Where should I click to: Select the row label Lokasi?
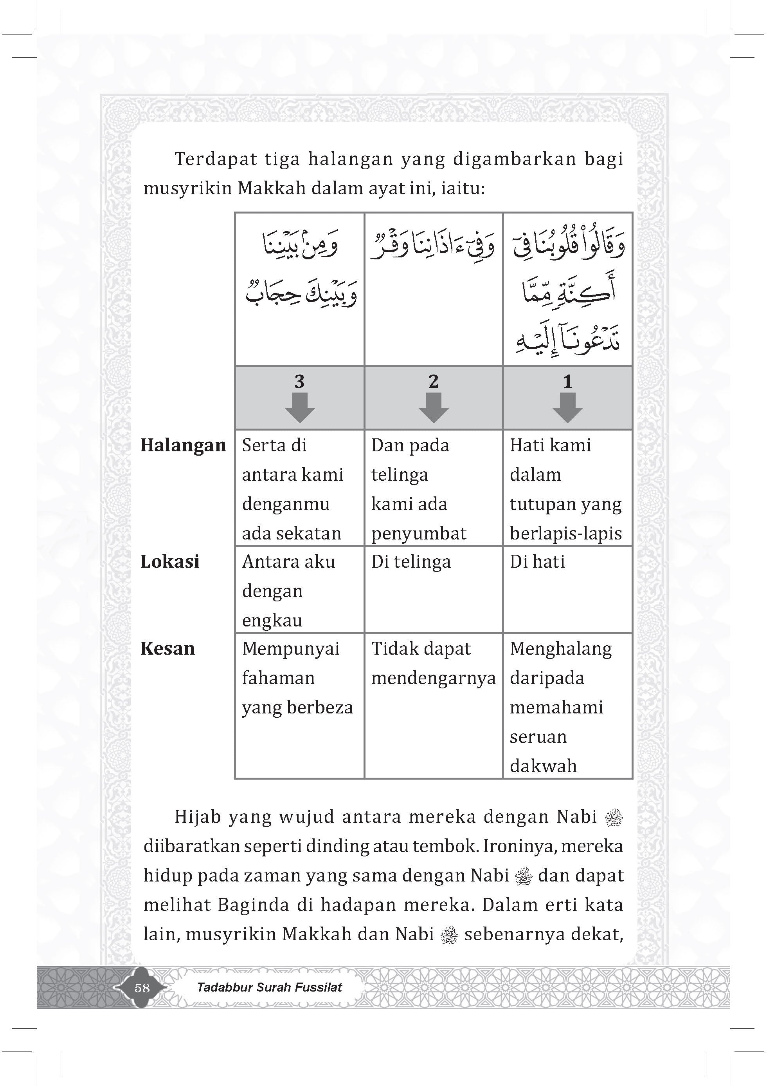point(170,561)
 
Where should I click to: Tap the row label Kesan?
point(167,648)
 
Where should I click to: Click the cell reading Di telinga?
point(411,561)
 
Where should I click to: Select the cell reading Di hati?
point(537,561)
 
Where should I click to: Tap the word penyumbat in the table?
point(419,534)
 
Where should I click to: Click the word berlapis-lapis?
point(566,533)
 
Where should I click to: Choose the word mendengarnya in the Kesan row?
point(433,678)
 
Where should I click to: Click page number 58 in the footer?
point(142,988)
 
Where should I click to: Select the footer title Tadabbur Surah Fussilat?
point(269,987)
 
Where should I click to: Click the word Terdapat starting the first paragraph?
point(215,159)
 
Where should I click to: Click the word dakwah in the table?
point(543,766)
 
